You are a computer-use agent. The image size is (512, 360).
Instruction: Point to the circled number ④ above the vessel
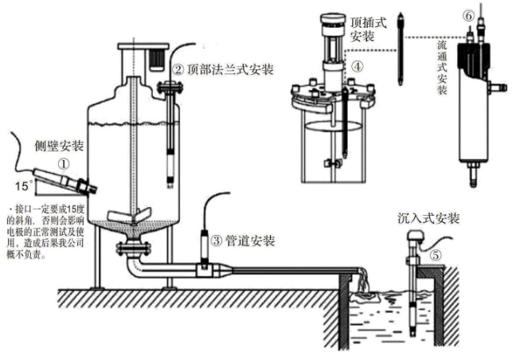(x=358, y=68)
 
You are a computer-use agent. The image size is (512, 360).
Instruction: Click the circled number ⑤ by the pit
(x=436, y=256)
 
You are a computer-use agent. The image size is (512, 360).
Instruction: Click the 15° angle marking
(x=21, y=186)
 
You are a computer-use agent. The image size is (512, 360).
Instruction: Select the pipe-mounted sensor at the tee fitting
(x=206, y=252)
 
